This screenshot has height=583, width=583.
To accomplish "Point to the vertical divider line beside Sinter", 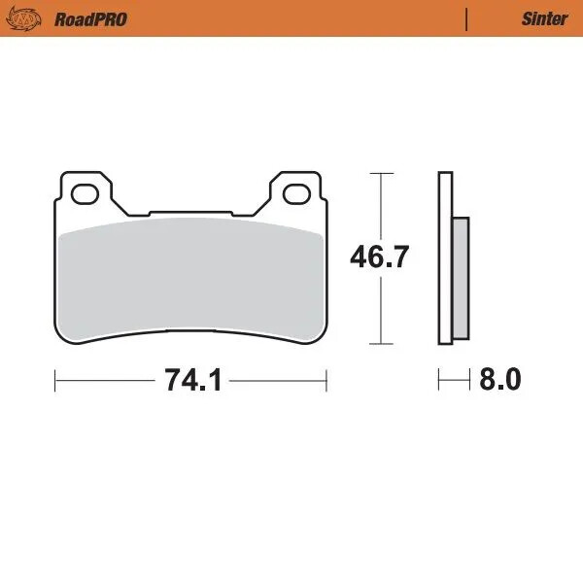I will (467, 18).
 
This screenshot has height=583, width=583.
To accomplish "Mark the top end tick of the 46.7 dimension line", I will (380, 173).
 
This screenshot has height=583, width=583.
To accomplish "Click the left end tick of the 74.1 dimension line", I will (54, 380).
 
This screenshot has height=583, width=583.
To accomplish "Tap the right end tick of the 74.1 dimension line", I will (326, 380).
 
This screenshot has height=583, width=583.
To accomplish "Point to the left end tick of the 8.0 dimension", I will (439, 380).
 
